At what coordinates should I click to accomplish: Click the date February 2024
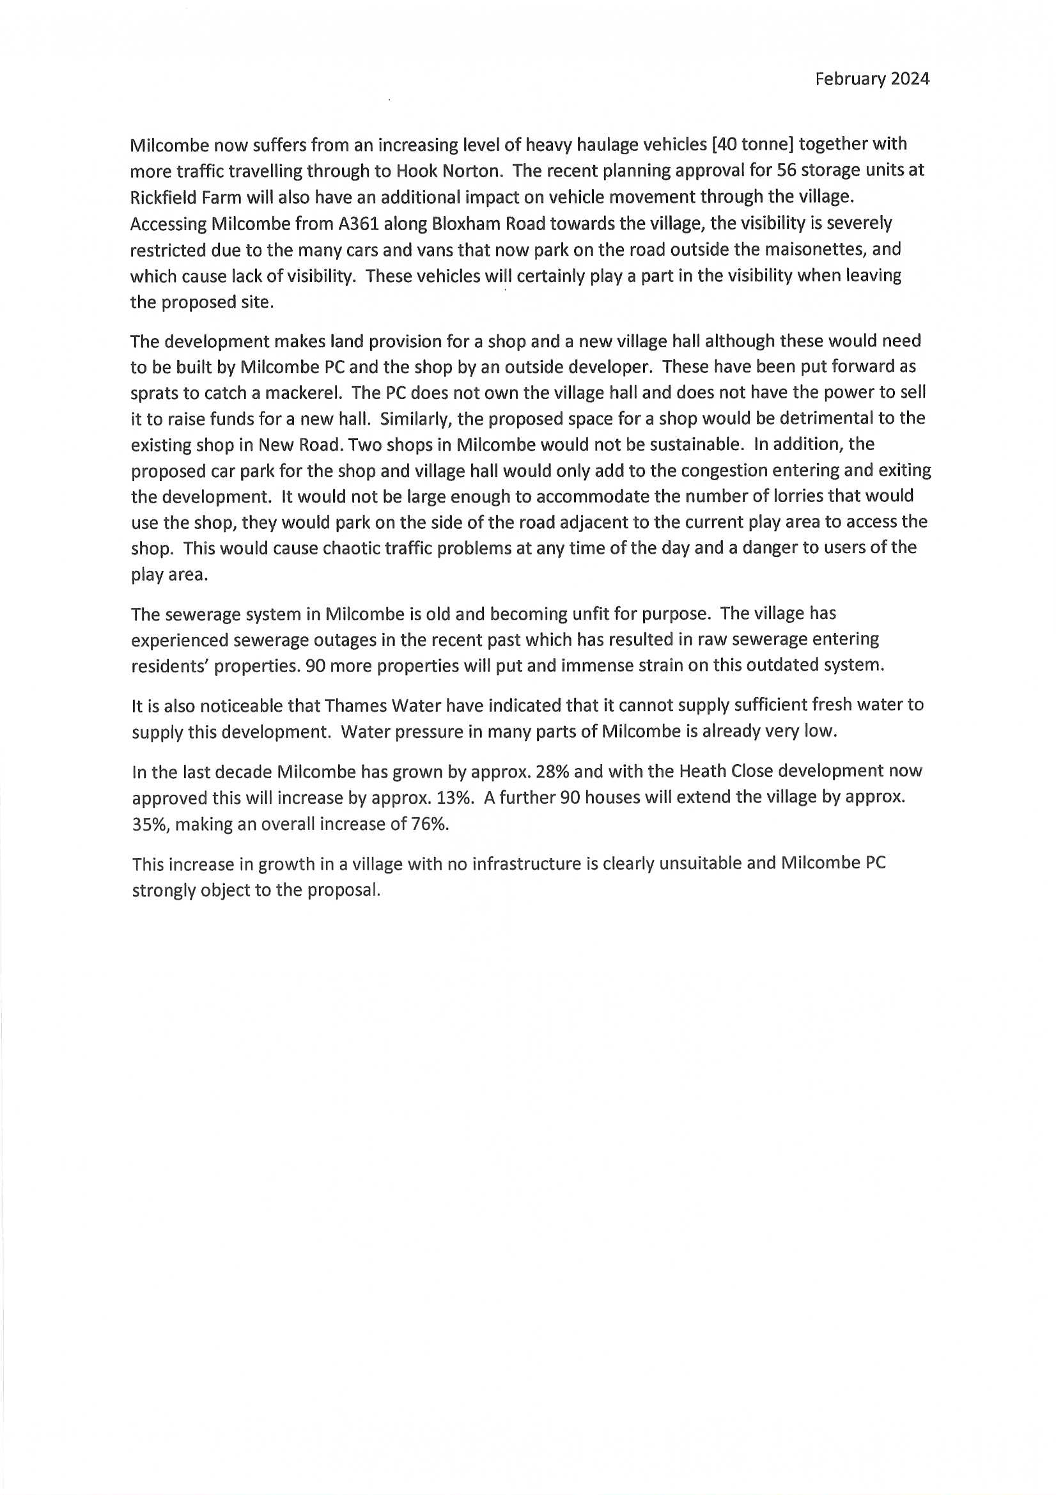[872, 79]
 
